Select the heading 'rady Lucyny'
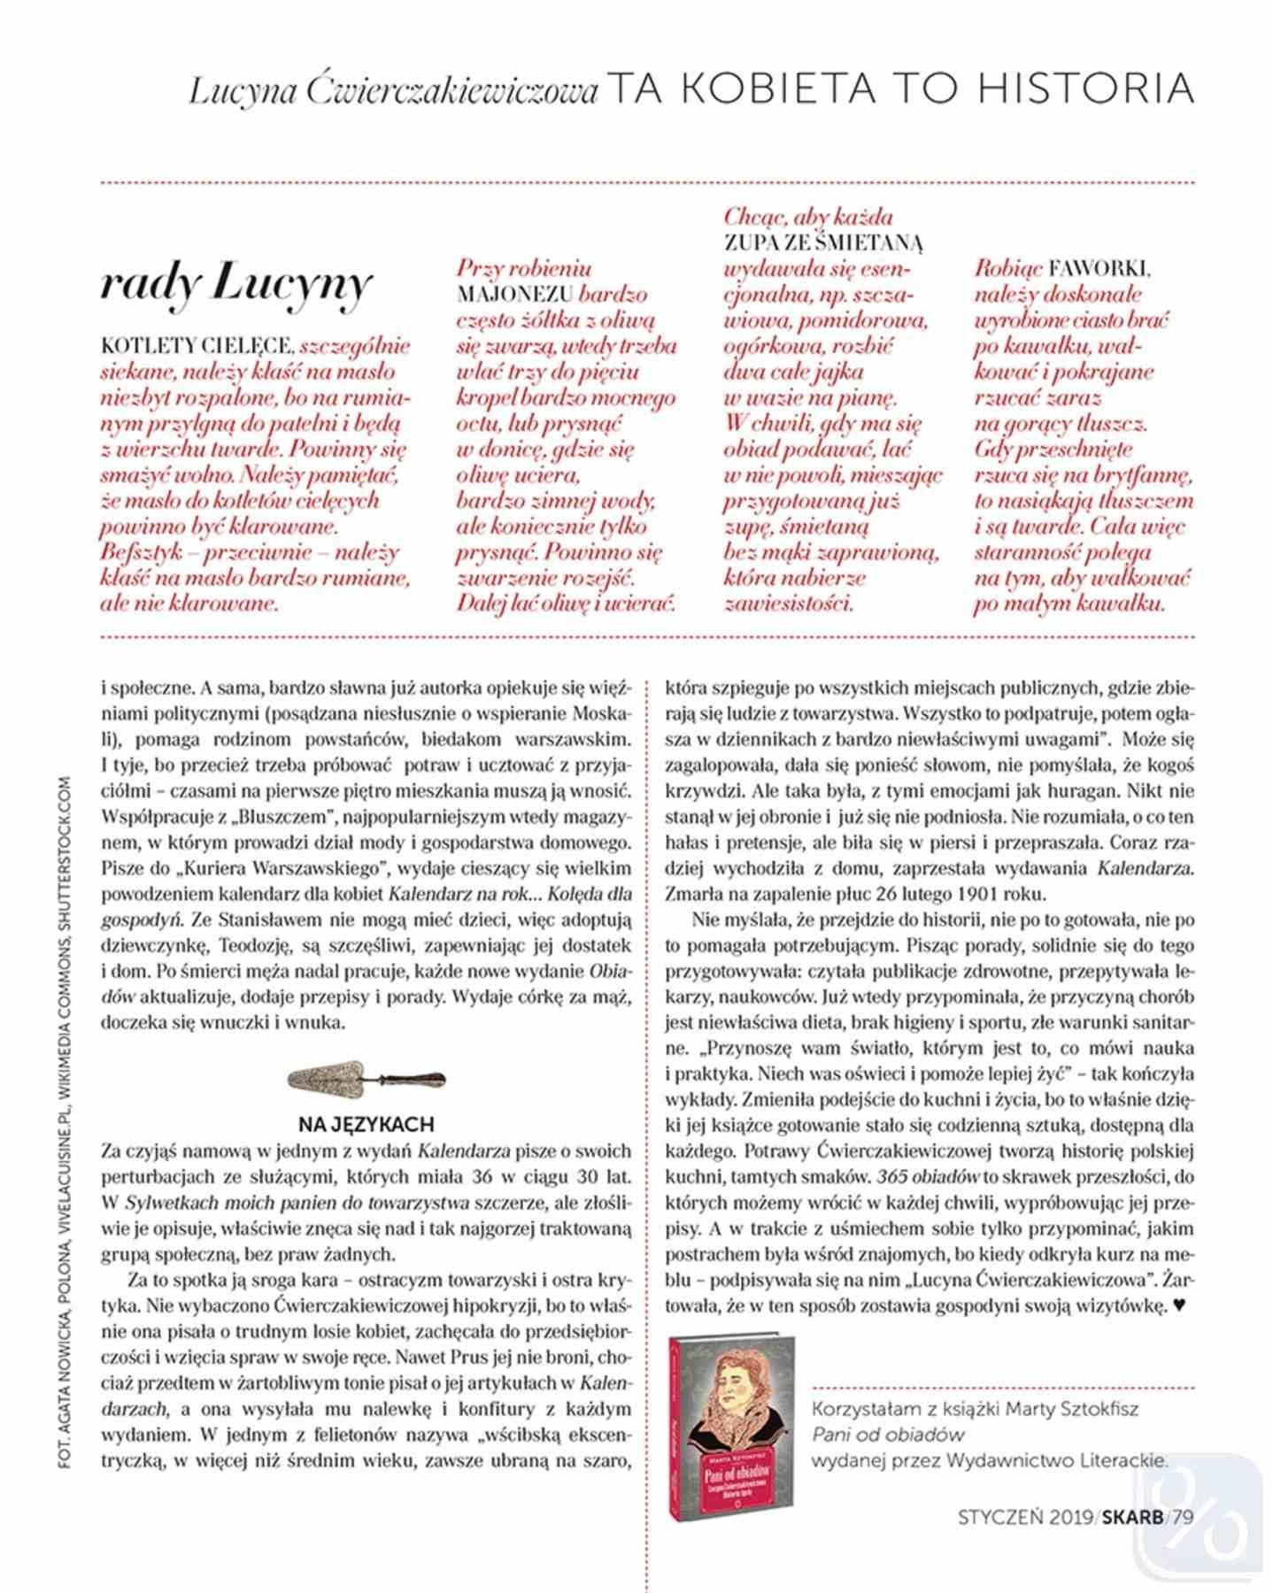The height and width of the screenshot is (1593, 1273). pyautogui.click(x=235, y=284)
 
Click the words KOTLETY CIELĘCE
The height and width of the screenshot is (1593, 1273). pyautogui.click(x=197, y=346)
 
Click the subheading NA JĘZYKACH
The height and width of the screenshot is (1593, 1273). pyautogui.click(x=366, y=1125)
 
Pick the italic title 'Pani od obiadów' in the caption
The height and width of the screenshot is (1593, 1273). pyautogui.click(x=887, y=1435)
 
